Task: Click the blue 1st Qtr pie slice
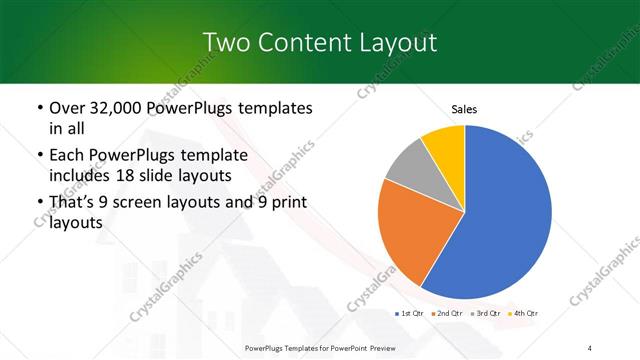pos(505,215)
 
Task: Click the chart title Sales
pos(465,109)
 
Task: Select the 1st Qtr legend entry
pos(410,314)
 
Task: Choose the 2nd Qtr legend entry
pos(445,314)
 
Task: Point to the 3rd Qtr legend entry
pos(482,314)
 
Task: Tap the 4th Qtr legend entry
pos(520,314)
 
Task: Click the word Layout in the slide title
pos(396,42)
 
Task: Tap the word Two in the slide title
pos(225,42)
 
